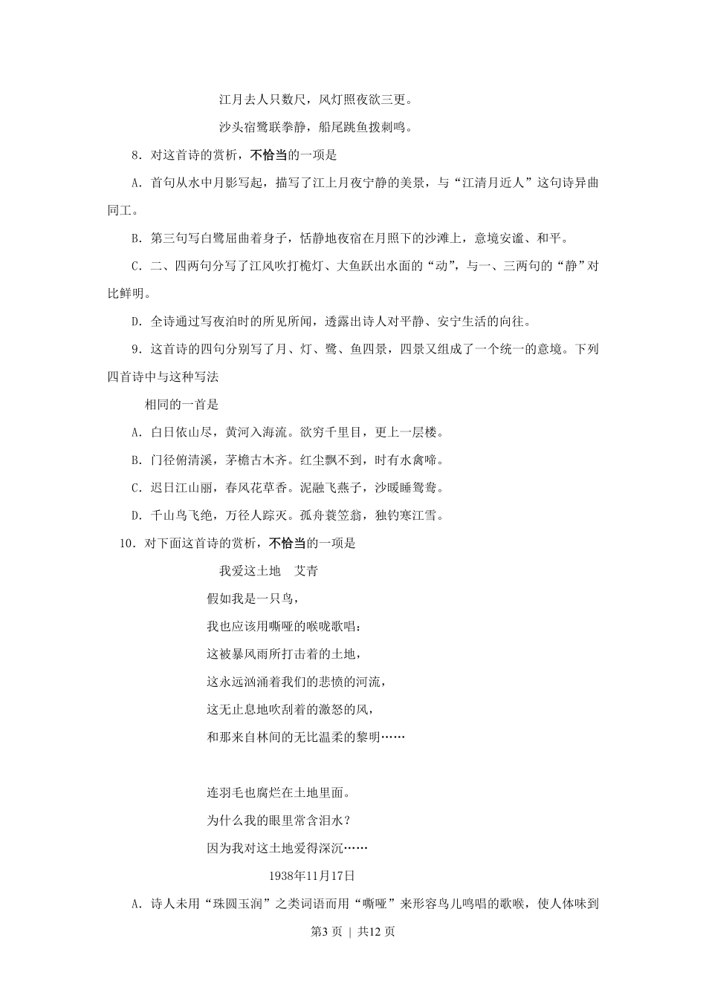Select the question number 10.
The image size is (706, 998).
(126, 544)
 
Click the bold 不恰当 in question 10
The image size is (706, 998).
(288, 544)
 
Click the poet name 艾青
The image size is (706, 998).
(307, 571)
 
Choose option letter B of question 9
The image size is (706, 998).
(135, 460)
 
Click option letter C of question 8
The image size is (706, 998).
(135, 266)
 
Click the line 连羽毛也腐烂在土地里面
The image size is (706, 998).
(278, 793)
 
